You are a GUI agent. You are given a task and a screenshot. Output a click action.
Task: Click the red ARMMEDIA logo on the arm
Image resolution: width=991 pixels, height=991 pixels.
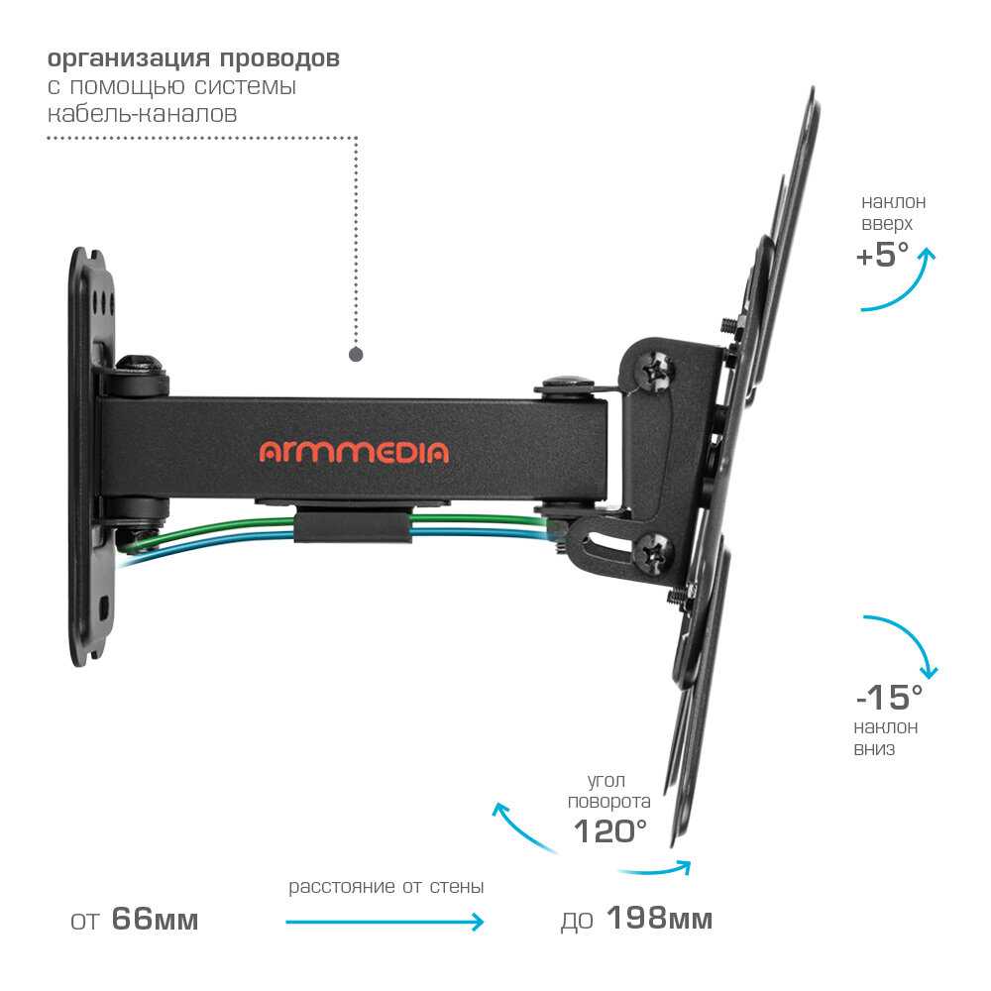point(354,452)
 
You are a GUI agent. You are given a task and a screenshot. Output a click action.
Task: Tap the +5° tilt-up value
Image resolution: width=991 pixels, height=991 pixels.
point(882,255)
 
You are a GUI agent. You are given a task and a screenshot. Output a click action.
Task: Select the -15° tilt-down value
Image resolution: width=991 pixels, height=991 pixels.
point(889,698)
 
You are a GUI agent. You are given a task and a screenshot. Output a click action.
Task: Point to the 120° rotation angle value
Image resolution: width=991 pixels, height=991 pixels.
point(609,831)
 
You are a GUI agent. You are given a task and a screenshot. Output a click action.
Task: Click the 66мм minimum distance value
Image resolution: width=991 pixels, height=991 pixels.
point(155,919)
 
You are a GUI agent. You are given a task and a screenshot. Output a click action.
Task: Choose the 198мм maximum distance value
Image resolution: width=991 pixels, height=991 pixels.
point(659,919)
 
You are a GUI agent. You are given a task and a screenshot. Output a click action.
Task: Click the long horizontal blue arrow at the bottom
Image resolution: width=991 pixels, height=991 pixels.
point(385,922)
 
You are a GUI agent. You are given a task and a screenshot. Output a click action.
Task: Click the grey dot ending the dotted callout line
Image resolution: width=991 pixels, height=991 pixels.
point(356,354)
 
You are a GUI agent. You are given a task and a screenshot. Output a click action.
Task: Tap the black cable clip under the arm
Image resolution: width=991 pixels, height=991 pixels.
point(353,525)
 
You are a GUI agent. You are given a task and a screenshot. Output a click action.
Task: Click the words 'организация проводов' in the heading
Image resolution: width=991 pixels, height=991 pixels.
point(193,58)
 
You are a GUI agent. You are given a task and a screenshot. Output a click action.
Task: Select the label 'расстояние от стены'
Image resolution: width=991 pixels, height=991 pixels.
point(386,887)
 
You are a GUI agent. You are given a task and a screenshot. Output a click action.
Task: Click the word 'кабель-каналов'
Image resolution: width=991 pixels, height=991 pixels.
point(142,114)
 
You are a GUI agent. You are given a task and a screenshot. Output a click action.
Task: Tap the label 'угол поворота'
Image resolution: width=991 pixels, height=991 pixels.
point(609,791)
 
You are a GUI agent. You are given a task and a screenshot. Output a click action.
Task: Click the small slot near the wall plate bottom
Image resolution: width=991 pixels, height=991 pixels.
point(104,607)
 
